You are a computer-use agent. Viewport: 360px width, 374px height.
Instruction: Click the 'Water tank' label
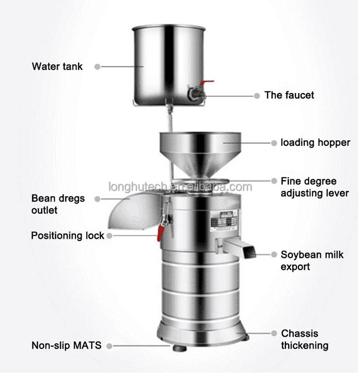point(57,67)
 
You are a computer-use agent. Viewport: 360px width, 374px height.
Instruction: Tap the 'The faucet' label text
point(289,95)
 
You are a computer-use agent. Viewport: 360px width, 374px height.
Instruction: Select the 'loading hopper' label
point(315,143)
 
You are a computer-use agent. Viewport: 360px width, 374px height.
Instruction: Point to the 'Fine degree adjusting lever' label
point(315,188)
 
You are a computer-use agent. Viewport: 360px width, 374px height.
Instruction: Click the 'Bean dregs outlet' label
point(51,204)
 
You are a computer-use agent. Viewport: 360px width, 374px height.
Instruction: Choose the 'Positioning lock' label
point(68,236)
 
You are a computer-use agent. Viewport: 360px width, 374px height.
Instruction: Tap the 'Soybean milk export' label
point(312,260)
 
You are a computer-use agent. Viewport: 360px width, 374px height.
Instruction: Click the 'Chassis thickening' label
point(305,339)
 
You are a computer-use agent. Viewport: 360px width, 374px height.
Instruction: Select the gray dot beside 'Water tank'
point(97,67)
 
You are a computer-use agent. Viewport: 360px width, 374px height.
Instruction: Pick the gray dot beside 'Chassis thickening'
point(274,333)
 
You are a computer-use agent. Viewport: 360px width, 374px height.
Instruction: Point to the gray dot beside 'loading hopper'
point(274,143)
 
